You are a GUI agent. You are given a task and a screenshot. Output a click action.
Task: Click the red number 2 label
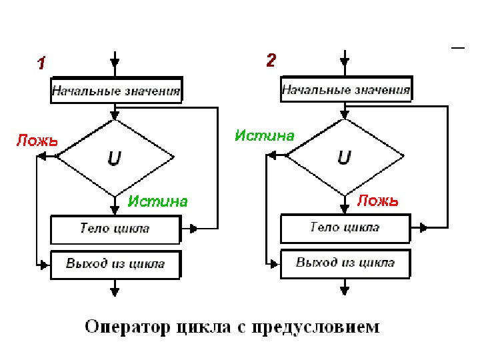pos(270,61)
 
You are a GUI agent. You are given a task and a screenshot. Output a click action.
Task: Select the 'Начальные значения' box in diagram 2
pos(345,89)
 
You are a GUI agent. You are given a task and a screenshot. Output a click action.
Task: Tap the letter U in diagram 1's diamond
pos(115,158)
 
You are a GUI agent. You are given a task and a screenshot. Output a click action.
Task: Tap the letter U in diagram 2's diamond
pos(344,157)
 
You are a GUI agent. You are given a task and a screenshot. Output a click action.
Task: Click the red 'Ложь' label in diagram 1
pos(37,141)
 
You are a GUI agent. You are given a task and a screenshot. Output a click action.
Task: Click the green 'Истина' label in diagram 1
pos(158,201)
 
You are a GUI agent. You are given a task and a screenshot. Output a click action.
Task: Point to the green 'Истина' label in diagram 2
pos(265,135)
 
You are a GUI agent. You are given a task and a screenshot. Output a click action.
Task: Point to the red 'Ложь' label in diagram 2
pos(378,200)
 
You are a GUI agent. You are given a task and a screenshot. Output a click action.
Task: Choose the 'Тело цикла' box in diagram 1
pos(116,229)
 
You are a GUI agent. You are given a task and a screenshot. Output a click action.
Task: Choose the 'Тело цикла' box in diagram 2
pos(345,228)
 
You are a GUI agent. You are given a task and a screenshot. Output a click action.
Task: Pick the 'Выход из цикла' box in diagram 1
pos(116,263)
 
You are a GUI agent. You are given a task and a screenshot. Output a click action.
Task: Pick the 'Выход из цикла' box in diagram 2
pos(345,262)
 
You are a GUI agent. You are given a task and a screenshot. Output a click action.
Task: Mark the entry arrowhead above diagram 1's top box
pos(115,66)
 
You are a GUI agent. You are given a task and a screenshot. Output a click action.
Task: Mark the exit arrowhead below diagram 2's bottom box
pos(345,289)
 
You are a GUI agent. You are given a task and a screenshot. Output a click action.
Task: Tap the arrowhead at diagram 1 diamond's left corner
pos(43,157)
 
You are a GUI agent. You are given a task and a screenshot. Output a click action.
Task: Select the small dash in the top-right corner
pos(458,48)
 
